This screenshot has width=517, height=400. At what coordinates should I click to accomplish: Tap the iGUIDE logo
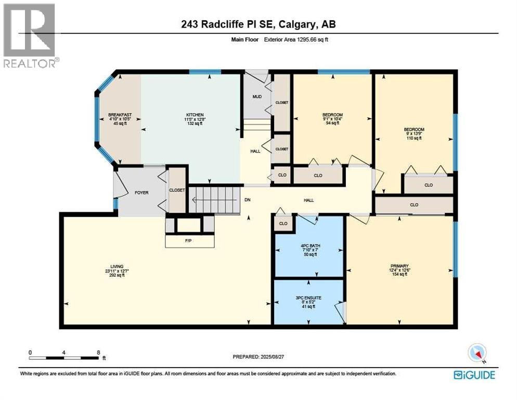click(x=474, y=375)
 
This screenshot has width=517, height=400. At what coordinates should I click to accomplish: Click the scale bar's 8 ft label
click(x=98, y=353)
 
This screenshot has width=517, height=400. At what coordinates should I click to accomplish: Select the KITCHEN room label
click(x=195, y=119)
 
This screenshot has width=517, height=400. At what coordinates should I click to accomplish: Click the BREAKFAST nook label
click(x=120, y=119)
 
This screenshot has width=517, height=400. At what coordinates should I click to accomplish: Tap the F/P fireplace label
click(x=188, y=241)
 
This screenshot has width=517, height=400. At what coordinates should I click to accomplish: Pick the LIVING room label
click(x=117, y=270)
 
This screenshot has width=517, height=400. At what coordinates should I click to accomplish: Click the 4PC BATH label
click(x=311, y=250)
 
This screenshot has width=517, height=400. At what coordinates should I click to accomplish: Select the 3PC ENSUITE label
click(x=308, y=302)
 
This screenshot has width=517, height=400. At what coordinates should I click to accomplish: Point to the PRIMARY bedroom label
click(x=399, y=270)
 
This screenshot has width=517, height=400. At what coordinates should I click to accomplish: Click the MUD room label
click(x=257, y=96)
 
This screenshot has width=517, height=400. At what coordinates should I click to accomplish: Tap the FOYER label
click(x=141, y=193)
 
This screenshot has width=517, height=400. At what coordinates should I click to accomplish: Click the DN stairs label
click(x=247, y=199)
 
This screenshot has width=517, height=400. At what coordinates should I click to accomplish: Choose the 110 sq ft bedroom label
click(x=414, y=134)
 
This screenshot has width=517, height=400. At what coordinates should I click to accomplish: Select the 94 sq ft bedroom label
click(x=332, y=119)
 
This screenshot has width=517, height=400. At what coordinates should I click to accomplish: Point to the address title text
click(x=258, y=24)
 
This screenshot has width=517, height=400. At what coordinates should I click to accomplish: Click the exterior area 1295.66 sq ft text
click(x=296, y=40)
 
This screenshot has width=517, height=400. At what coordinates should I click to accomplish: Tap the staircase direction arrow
click(x=215, y=200)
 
